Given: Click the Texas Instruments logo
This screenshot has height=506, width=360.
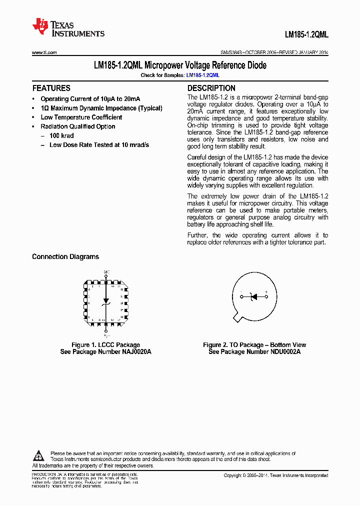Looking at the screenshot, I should (68, 27).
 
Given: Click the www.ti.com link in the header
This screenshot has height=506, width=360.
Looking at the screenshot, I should (44, 52).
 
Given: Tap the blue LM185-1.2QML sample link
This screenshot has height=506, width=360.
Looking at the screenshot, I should (202, 75).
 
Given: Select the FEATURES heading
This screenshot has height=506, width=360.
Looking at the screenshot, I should (51, 88).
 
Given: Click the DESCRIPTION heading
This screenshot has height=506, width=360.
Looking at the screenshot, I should (211, 88).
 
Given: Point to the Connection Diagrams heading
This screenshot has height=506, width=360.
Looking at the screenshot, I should (65, 256).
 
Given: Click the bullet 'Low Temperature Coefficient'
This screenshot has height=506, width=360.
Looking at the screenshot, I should (81, 117).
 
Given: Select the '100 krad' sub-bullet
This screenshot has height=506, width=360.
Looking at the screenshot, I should (61, 136).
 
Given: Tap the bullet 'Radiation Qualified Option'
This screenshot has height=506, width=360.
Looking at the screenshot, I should (77, 126).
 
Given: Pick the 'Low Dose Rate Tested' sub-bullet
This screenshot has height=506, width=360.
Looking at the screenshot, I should (99, 145).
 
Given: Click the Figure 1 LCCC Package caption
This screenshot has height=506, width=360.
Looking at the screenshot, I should (105, 345).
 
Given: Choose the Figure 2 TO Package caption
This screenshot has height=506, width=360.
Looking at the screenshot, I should (254, 345).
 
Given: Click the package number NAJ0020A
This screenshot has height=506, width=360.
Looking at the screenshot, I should (133, 352).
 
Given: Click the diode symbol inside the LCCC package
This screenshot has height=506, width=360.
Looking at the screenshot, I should (105, 302).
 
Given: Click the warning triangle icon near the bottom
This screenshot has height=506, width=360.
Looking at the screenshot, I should (38, 455).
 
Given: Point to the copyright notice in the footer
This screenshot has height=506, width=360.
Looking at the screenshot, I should (275, 475).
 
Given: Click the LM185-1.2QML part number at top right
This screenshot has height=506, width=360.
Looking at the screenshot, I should (306, 35).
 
